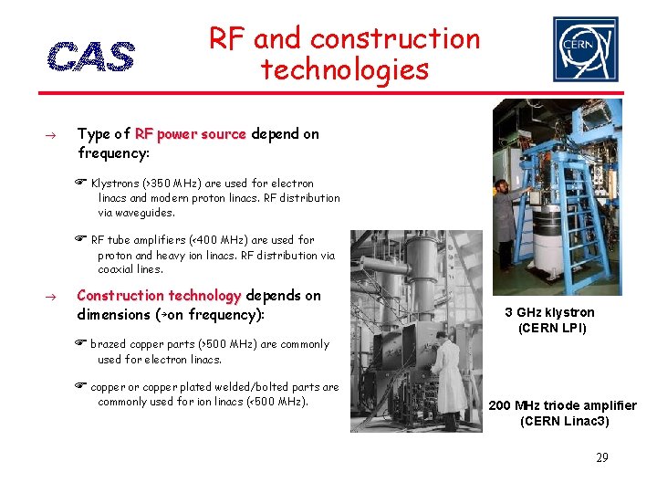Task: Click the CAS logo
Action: coord(90,56)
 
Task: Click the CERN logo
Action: coord(585,49)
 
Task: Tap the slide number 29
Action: coord(601,457)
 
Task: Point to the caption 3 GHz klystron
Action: coord(549,312)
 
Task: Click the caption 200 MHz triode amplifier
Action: coord(563,405)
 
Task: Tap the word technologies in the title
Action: coord(344,69)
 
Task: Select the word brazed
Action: coord(108,344)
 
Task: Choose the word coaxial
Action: coord(118,269)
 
